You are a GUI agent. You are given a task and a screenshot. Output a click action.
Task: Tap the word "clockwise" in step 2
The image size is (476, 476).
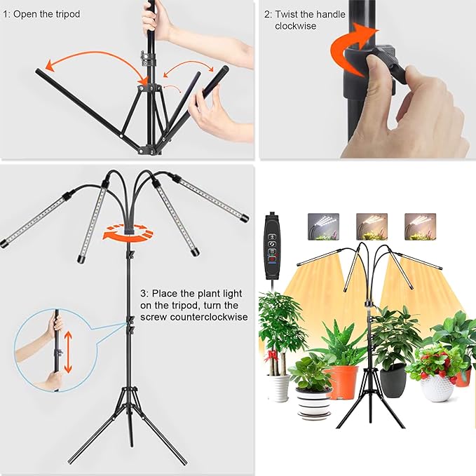pos(296,27)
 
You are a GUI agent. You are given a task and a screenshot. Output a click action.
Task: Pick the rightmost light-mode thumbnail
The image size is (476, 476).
pos(420,226)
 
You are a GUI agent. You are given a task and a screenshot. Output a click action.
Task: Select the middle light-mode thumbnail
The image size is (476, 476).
pos(372,226)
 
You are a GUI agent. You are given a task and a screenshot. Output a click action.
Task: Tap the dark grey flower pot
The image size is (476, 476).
pos(393,379)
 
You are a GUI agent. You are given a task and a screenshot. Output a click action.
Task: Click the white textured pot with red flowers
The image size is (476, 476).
pos(436,386)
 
